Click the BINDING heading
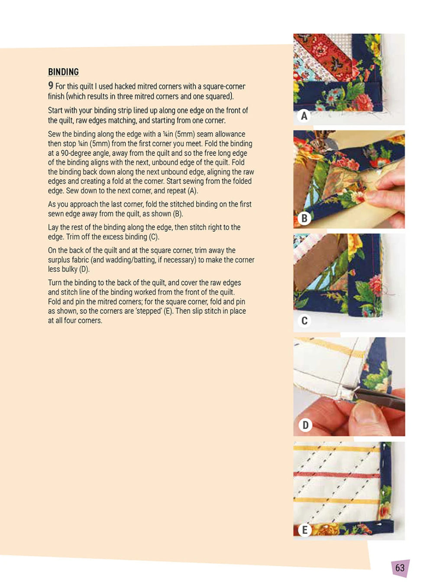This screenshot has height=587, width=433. (x=63, y=71)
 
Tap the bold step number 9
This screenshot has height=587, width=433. (x=51, y=86)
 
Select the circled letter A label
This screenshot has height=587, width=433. (x=304, y=116)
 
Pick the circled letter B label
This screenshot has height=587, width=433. (x=304, y=218)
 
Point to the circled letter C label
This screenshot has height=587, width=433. (x=304, y=320)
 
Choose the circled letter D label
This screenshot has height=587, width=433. (x=305, y=425)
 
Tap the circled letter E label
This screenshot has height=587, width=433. (x=304, y=530)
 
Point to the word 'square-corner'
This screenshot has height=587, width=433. (x=224, y=86)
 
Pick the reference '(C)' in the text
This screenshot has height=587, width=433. (x=154, y=237)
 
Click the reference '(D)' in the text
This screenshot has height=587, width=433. (x=85, y=269)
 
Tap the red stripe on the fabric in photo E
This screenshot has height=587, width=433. (x=337, y=474)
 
